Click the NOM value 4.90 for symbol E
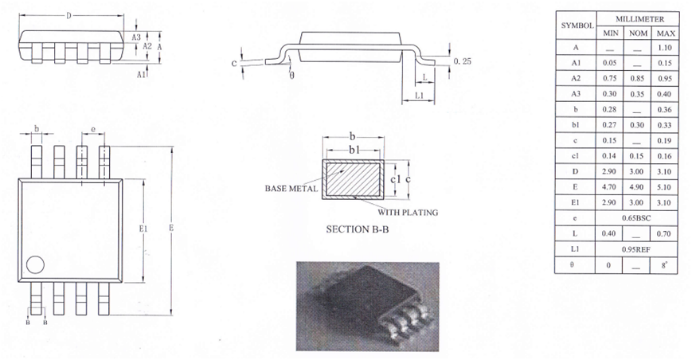pos(637,185)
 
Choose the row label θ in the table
pos(575,264)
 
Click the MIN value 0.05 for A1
pos(610,63)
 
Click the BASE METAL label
pos(291,190)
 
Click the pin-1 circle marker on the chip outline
pos(35,264)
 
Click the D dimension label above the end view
pos(70,15)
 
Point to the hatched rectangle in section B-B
pos(353,180)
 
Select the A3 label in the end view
pos(136,37)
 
